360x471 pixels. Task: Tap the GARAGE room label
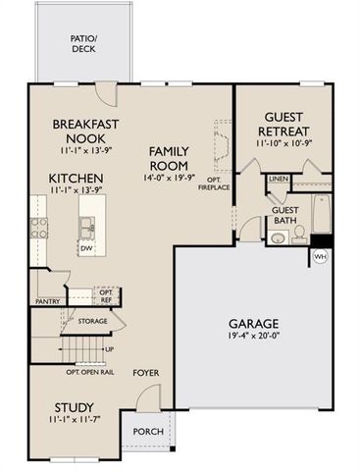(255, 323)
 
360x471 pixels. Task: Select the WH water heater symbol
(320, 256)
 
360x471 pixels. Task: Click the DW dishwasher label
(87, 248)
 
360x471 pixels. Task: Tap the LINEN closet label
(278, 180)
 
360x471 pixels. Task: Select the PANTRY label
(48, 301)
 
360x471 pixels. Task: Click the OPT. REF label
(106, 295)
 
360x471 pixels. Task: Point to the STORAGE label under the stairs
(93, 321)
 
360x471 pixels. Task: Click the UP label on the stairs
(108, 349)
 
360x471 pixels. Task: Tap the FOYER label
(146, 373)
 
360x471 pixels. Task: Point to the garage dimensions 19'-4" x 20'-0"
(255, 339)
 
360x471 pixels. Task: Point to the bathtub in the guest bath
(321, 215)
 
